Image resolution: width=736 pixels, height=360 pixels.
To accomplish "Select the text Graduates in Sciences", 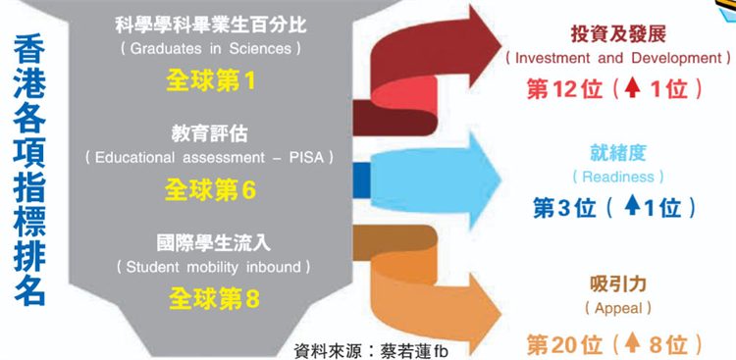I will click(x=211, y=48).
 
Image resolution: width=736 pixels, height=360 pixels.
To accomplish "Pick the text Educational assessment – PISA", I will click(x=210, y=156).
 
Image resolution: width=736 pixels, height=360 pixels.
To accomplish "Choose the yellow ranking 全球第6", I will click(x=211, y=189).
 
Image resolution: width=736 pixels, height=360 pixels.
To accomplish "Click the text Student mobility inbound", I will click(x=211, y=266).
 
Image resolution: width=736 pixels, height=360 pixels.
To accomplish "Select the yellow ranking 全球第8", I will click(x=211, y=298).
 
